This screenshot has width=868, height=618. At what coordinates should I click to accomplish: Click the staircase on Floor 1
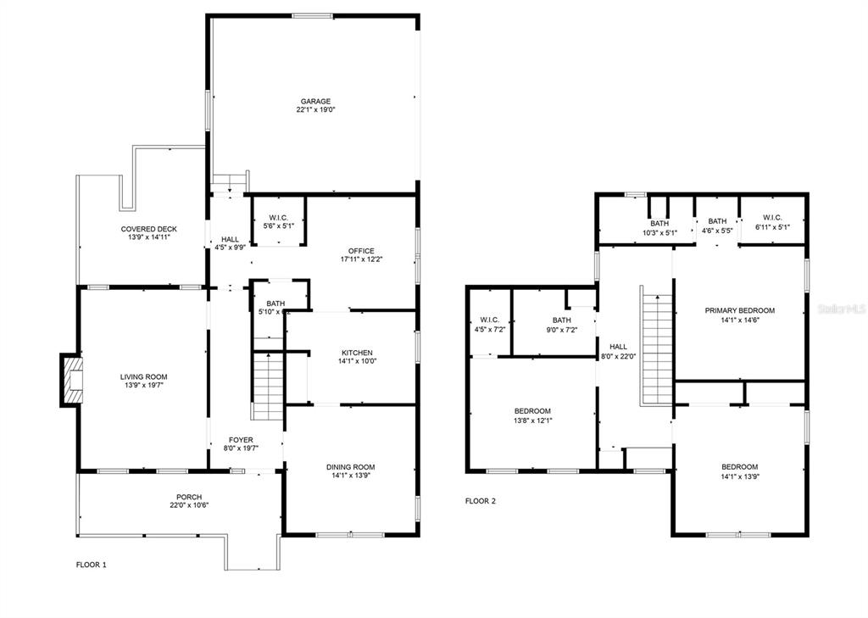tap(267, 386)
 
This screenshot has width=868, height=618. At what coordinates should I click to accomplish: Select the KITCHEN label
tap(357, 353)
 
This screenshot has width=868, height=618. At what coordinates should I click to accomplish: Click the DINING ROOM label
tap(350, 467)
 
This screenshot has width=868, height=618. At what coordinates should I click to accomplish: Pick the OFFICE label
tap(361, 251)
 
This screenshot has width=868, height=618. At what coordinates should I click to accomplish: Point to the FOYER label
tap(241, 440)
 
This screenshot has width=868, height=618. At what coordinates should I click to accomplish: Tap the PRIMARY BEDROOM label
tap(739, 310)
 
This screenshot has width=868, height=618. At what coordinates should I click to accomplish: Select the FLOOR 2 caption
tap(481, 501)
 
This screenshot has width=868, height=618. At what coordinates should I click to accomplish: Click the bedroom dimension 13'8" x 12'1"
tap(532, 420)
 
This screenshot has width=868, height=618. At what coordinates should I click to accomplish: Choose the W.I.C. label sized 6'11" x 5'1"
tap(771, 218)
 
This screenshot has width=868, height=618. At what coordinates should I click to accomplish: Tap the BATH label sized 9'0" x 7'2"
tap(561, 320)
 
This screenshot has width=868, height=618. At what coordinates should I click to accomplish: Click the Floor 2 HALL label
tap(618, 347)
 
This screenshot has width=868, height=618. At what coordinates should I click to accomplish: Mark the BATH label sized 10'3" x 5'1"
tap(659, 223)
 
